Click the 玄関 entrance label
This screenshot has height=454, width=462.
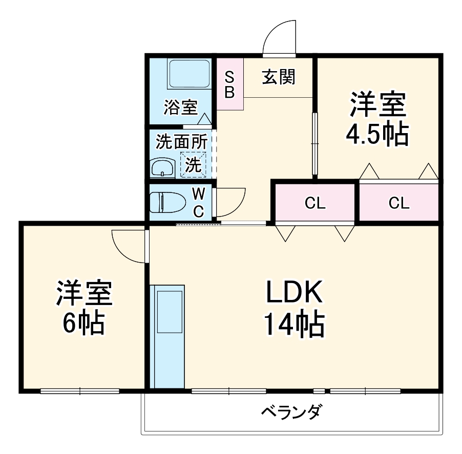279,77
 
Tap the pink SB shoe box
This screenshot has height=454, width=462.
230,84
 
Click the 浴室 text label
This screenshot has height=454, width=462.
180,108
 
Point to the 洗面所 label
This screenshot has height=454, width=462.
181,142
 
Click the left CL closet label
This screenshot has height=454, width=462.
315,204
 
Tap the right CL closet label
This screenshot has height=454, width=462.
398,204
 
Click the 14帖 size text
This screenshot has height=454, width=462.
293,325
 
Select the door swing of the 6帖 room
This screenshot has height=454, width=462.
128,247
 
